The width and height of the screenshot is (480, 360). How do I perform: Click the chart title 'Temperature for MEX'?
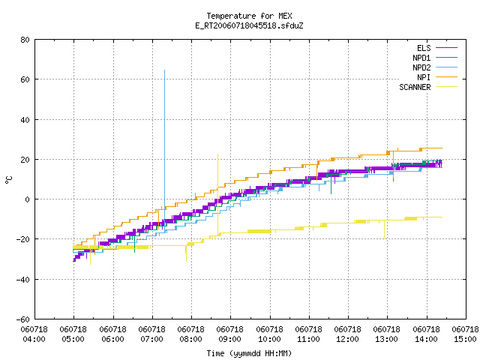tap(249, 16)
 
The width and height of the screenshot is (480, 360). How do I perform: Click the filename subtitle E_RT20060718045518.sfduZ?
tap(249, 25)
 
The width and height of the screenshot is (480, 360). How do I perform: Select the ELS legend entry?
tap(436, 48)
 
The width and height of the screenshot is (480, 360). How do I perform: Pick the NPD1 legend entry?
tap(435, 58)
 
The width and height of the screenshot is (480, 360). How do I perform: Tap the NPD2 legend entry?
tap(435, 67)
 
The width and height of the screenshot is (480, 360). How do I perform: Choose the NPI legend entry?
tap(436, 77)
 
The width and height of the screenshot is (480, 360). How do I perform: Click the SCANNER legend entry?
tap(428, 87)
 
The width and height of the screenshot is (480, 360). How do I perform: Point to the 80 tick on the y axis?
tap(25, 40)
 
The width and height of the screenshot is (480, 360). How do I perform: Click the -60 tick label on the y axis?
tap(23, 319)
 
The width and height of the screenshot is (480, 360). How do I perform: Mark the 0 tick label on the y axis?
tap(28, 199)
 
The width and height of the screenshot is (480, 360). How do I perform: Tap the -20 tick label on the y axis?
tap(23, 239)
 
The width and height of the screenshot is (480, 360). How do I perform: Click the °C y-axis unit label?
tap(8, 180)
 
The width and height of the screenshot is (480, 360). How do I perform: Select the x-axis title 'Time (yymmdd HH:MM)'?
tap(249, 353)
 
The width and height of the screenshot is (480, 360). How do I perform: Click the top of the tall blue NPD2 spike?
tap(165, 70)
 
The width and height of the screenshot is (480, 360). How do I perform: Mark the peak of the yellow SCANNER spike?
tap(218, 154)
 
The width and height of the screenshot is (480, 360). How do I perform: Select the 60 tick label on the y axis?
tap(25, 79)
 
